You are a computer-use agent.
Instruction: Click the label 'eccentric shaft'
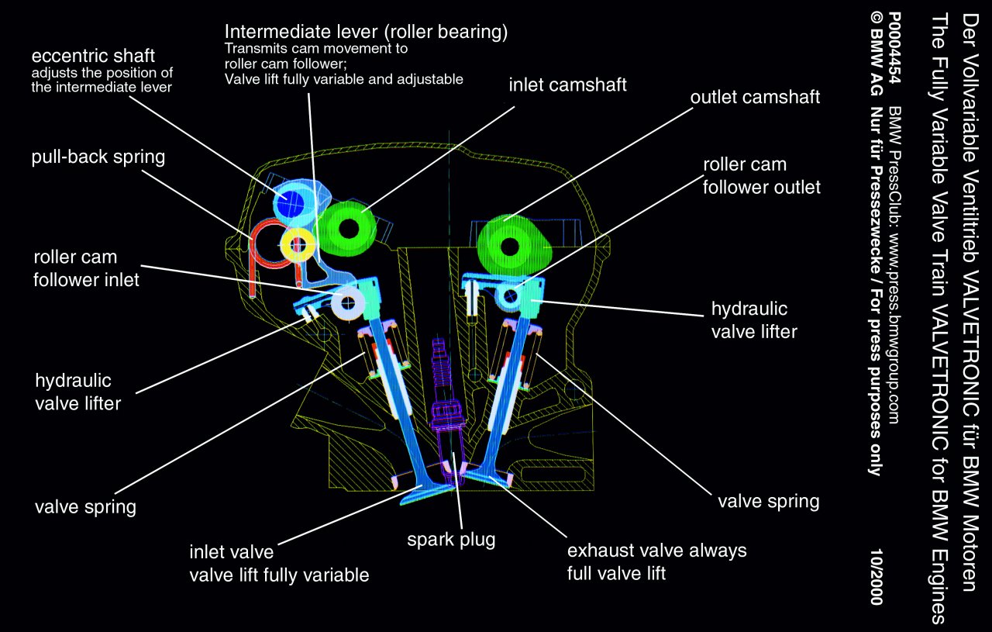point(93,56)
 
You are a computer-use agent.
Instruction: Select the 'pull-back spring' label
point(98,157)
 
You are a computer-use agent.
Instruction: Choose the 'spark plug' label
point(451,539)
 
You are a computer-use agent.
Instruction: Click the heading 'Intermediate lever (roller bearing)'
point(366,32)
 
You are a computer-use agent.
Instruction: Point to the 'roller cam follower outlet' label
point(761,176)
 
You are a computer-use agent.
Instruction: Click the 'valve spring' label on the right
point(768,501)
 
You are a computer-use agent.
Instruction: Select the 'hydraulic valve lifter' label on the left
point(77,392)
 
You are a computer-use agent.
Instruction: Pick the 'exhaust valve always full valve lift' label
point(656,562)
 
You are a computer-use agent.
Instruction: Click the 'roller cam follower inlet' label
point(86,268)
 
